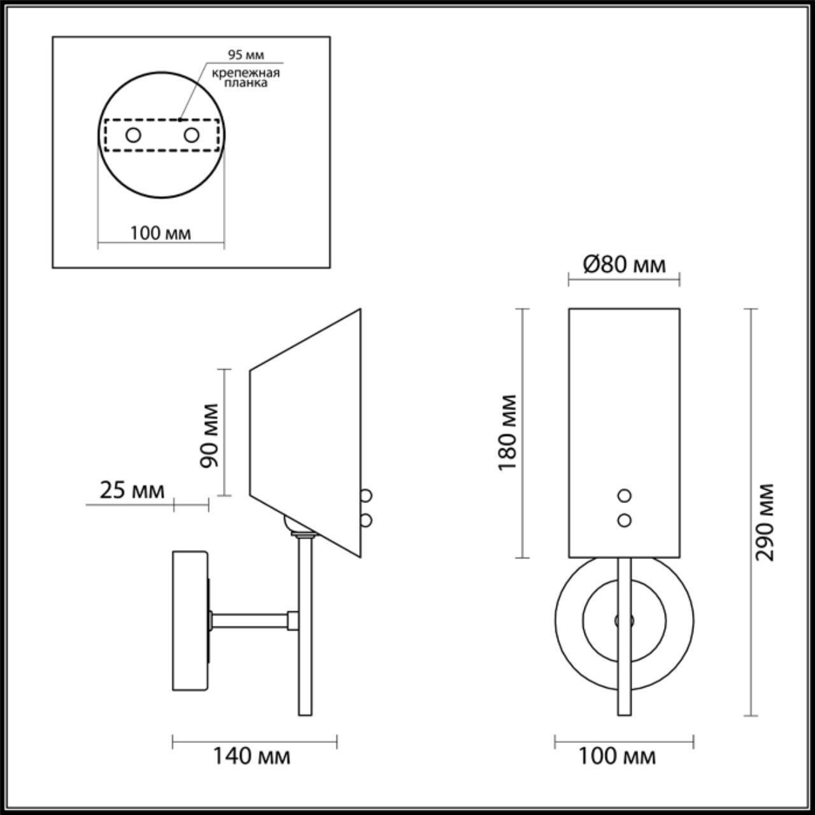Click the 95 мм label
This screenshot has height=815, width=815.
coord(246,55)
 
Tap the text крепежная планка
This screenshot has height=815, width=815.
coord(246,78)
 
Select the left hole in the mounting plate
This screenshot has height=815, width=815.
coord(133,135)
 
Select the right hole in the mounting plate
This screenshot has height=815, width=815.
coord(191,135)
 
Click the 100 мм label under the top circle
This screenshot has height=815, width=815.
coord(160,233)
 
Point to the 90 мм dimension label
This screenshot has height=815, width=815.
coord(209,436)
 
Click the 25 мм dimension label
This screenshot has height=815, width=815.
coord(132,490)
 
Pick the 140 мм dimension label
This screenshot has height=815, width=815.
coord(251,756)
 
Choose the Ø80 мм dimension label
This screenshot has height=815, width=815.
coord(624,264)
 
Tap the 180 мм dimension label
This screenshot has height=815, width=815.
coord(508,432)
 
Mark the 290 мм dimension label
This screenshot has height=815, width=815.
coord(765,522)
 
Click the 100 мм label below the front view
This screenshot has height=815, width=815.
coord(616,756)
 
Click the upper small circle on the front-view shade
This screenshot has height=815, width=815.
coord(625,495)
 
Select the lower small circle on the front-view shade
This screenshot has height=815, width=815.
coord(625,520)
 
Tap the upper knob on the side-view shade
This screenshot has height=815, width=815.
coord(366,495)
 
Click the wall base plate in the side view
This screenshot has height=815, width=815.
coord(190,621)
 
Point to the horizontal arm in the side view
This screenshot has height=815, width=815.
coord(252,620)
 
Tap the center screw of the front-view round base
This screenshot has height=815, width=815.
coord(624,620)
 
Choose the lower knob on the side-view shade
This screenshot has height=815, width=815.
coord(366,520)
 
